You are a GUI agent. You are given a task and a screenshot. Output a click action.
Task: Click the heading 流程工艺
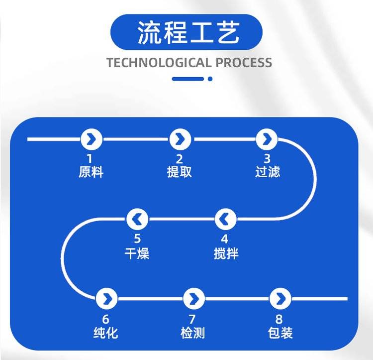[x=186, y=33]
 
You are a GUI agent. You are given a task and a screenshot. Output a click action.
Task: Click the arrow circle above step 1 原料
[x=91, y=139]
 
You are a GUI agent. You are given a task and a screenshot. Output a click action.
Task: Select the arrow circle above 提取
[x=180, y=139]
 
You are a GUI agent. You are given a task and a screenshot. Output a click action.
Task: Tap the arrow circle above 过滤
[x=267, y=139]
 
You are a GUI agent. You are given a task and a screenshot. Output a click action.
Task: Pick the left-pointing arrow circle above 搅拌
[x=225, y=219]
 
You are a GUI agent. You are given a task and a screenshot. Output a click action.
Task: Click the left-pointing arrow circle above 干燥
[x=137, y=219]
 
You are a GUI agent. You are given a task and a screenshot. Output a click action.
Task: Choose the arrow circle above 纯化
[x=106, y=298]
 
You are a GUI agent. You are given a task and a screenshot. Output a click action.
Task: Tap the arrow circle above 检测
[x=193, y=298]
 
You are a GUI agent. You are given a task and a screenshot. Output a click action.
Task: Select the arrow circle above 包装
[x=280, y=298]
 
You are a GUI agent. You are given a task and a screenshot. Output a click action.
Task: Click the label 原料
[x=91, y=172]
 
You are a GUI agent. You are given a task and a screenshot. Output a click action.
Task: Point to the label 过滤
[x=268, y=172]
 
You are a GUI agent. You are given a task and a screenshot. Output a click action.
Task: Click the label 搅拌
[x=225, y=253]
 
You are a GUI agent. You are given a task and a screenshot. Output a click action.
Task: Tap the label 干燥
[x=137, y=253]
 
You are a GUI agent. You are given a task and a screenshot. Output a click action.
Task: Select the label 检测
[x=193, y=333]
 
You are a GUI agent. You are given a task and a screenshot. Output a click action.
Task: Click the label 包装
[x=280, y=333]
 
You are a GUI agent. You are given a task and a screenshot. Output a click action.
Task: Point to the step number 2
[x=180, y=159]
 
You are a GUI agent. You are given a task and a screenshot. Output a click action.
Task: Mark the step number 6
[x=106, y=319]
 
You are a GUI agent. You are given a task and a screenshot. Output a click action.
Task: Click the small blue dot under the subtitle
[x=210, y=79]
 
